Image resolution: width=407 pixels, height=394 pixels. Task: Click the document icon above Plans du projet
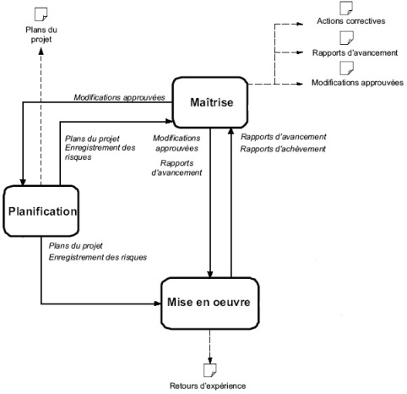pos(41,14)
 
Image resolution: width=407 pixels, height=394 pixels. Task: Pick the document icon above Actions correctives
pos(346,8)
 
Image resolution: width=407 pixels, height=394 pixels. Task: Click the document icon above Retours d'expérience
pos(210,370)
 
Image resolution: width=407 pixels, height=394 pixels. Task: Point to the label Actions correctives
pos(351,21)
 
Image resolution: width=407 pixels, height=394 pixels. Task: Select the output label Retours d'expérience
pos(208,386)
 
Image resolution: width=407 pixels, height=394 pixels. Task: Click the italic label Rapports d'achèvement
pos(283,149)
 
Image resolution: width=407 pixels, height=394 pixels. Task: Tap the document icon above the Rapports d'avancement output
pos(346,38)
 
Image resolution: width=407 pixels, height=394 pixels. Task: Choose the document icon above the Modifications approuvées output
pos(346,68)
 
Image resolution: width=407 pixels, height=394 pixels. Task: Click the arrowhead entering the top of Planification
pos(23,183)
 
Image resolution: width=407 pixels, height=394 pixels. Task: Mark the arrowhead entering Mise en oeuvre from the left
pos(158,304)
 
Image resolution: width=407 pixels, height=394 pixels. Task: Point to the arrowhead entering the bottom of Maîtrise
pos(231,131)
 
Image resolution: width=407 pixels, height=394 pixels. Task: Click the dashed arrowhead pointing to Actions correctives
pos(300,25)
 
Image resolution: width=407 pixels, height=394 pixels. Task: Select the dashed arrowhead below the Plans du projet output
pos(41,51)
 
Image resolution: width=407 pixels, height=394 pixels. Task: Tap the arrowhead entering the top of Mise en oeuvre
pos(210,275)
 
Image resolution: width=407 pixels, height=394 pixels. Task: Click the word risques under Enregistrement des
pos(79,157)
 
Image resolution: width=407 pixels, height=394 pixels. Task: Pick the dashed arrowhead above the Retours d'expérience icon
pos(210,360)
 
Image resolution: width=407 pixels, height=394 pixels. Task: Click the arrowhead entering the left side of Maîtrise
pos(169,122)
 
